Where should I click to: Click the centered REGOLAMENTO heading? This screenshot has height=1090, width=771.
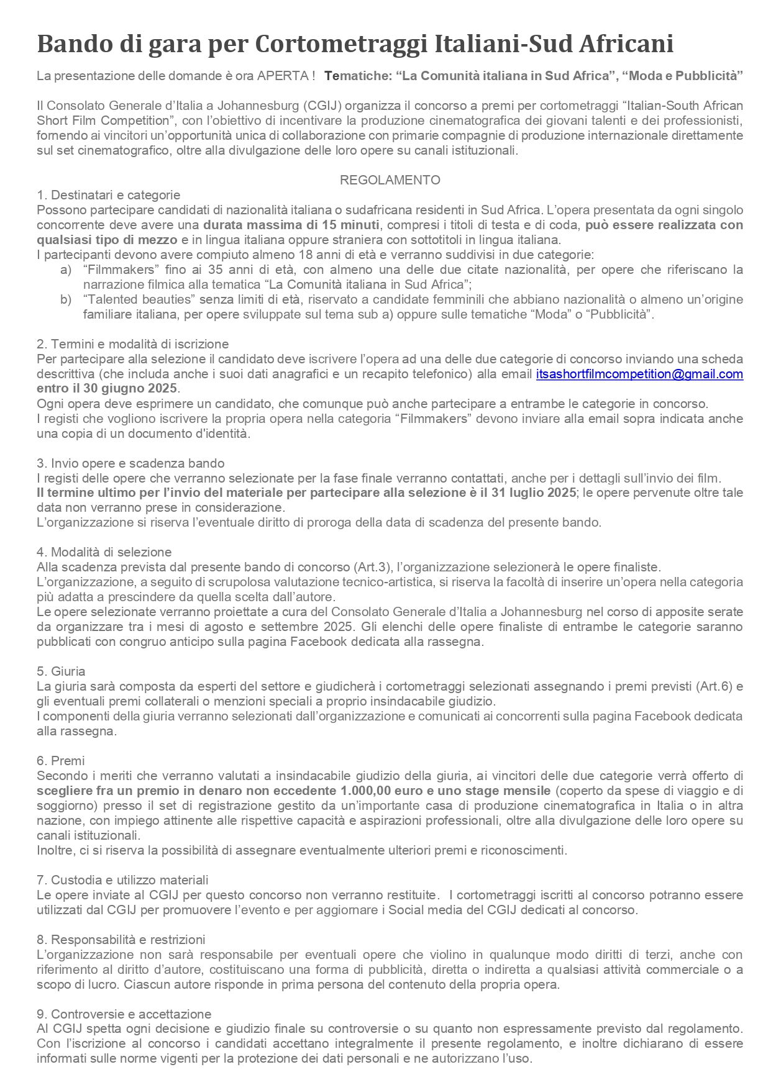(x=390, y=180)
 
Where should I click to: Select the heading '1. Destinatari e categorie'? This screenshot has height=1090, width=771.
(x=108, y=195)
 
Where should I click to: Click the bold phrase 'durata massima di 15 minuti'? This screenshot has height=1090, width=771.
(x=291, y=225)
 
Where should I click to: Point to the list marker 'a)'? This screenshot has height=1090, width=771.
(x=66, y=270)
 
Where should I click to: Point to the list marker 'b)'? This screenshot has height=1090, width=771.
(x=66, y=299)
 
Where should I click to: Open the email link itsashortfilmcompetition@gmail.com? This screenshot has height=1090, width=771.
(x=639, y=374)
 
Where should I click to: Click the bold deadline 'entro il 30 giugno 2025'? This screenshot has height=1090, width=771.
(x=107, y=389)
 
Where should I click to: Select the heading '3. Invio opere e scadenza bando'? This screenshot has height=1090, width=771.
(x=130, y=463)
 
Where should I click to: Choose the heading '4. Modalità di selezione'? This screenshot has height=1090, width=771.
(x=104, y=552)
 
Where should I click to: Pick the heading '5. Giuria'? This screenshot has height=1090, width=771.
(x=61, y=671)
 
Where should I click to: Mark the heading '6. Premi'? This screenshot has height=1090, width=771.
(x=60, y=761)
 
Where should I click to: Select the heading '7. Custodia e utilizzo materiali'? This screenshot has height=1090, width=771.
(x=122, y=880)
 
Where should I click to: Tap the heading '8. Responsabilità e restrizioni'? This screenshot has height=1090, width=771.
(x=121, y=940)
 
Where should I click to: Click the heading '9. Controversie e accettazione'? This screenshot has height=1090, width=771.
(x=124, y=1014)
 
